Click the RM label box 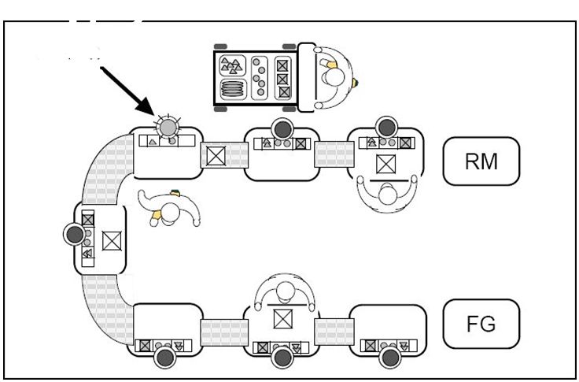pos(481,161)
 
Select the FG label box pos(481,323)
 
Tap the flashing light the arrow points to pos(167,126)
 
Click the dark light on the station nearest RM pos(385,126)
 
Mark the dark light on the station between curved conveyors pos(75,234)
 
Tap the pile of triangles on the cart pos(231,63)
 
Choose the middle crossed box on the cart pos(283,78)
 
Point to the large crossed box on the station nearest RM pos(385,165)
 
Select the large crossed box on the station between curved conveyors pos(111,236)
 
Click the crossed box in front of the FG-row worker pos(281,319)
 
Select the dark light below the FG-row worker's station pos(281,358)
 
